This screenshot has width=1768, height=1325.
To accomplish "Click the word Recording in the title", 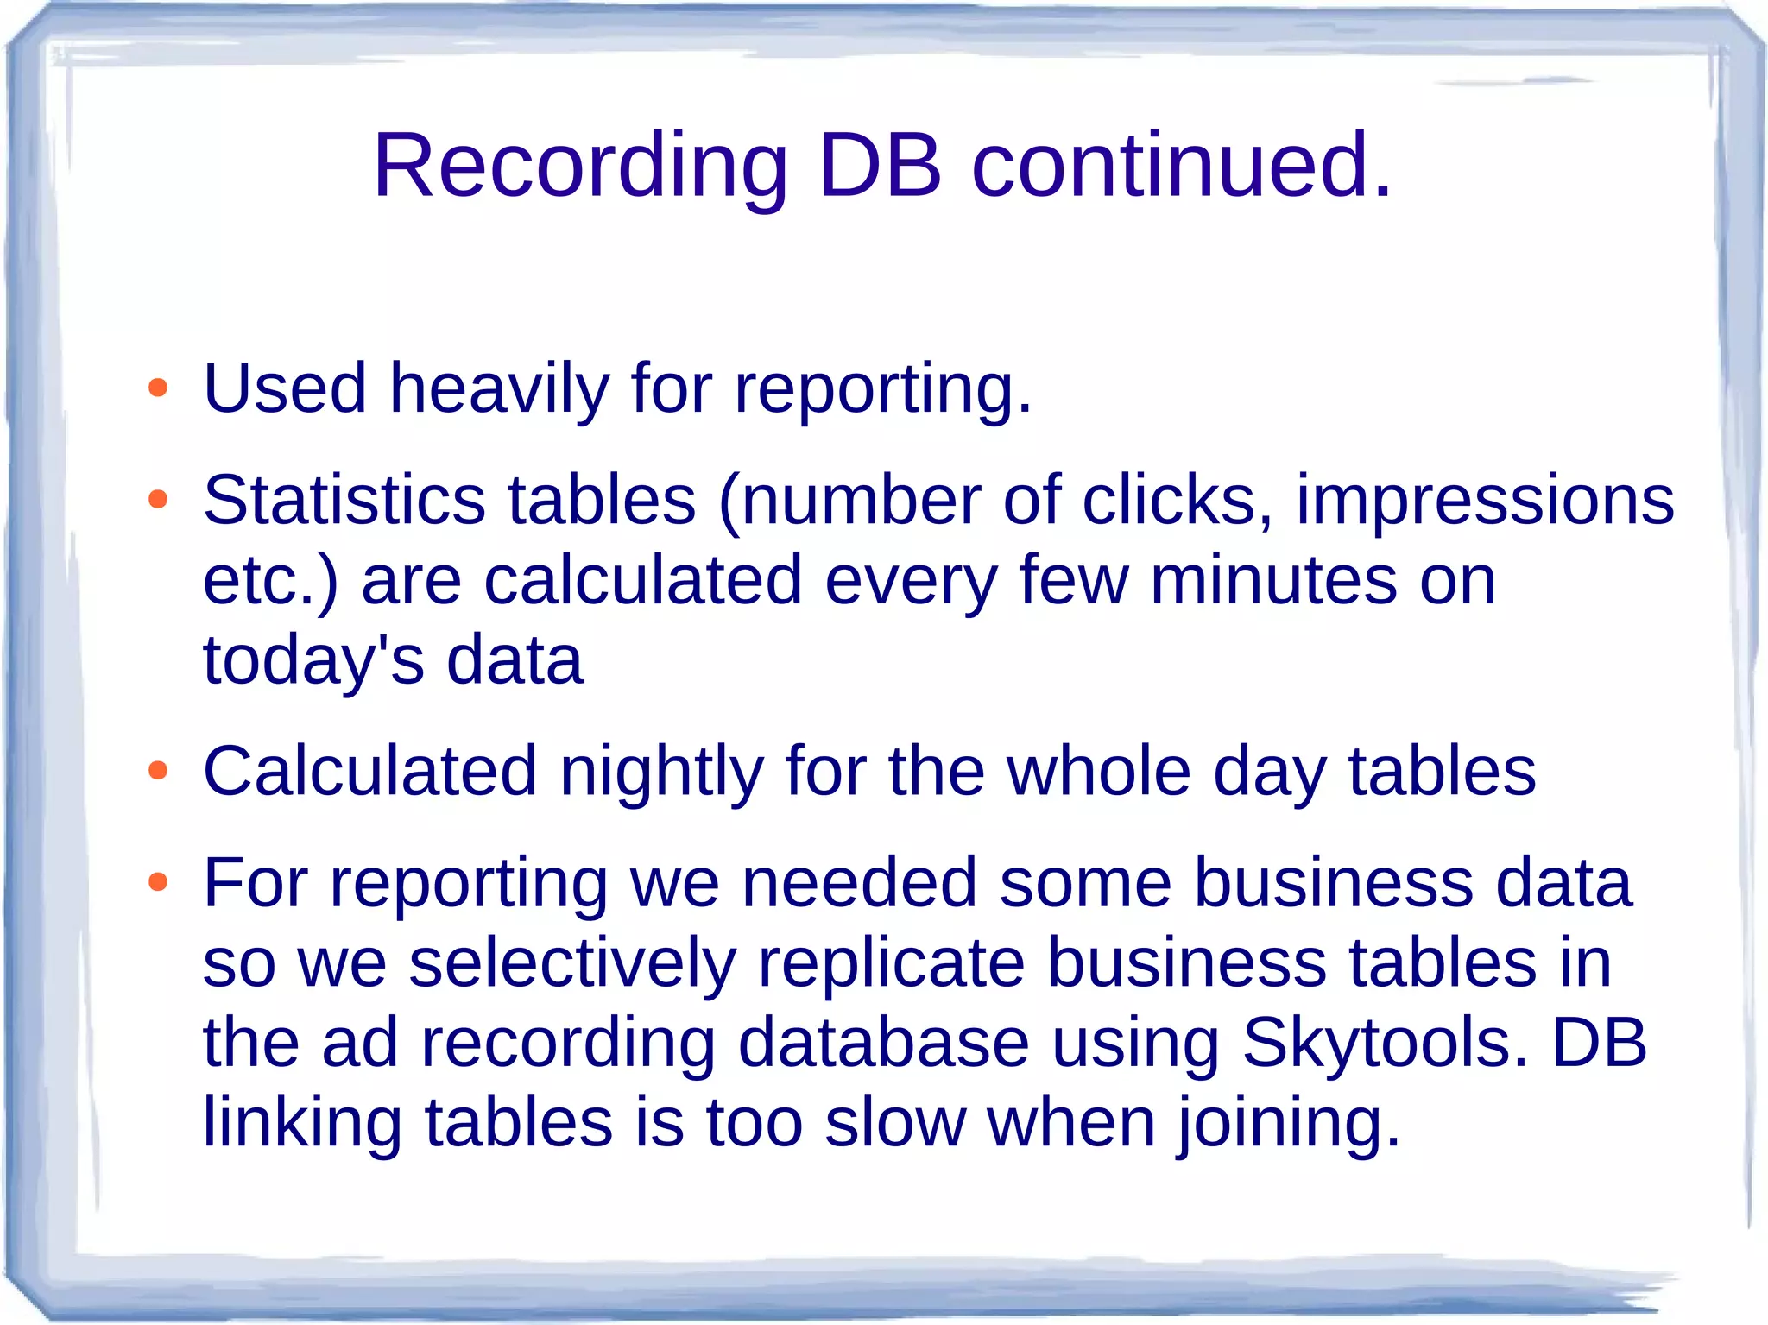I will (580, 166).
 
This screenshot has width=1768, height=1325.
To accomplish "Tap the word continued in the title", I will (1181, 166).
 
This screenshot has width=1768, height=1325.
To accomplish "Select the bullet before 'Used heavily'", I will (157, 388).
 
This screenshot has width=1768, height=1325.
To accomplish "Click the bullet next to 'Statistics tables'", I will (157, 499).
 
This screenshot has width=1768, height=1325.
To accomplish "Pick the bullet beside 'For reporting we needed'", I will (157, 881).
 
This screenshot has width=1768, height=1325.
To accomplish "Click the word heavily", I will (499, 389).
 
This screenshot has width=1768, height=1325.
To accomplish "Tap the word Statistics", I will (344, 501).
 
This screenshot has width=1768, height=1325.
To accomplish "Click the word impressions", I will (1485, 501).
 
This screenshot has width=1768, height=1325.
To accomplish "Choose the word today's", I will (313, 661).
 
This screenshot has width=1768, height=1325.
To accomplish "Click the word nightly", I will (661, 772).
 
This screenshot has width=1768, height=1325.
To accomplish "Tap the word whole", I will (1099, 772).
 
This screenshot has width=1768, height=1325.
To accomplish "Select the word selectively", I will (572, 963).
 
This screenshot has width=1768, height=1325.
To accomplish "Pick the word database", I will (883, 1043).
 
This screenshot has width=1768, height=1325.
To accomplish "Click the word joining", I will (1289, 1124).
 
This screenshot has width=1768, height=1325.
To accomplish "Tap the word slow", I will (894, 1124).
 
